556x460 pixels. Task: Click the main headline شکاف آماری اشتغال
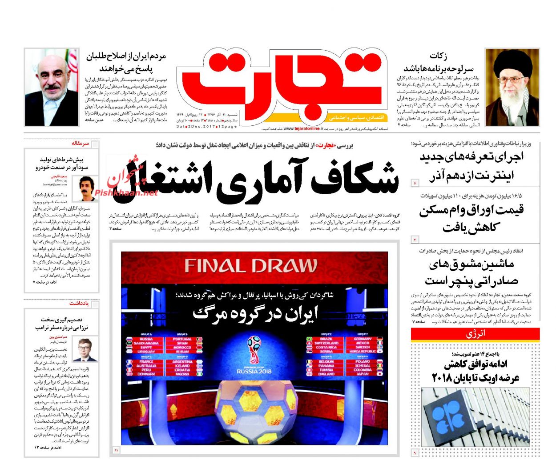click(262, 178)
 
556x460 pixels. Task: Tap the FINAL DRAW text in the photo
click(251, 266)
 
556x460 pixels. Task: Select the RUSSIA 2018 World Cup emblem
click(254, 356)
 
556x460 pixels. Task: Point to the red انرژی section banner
click(475, 334)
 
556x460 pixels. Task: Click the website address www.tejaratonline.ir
click(303, 129)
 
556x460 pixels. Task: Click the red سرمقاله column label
click(80, 144)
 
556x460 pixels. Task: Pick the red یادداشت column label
click(79, 303)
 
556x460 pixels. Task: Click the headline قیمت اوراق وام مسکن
click(471, 210)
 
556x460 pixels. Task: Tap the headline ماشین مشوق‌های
click(471, 264)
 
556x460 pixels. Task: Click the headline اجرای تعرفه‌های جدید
click(471, 156)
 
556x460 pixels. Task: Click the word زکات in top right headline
click(438, 56)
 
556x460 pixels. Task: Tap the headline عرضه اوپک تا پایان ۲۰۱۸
click(475, 378)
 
